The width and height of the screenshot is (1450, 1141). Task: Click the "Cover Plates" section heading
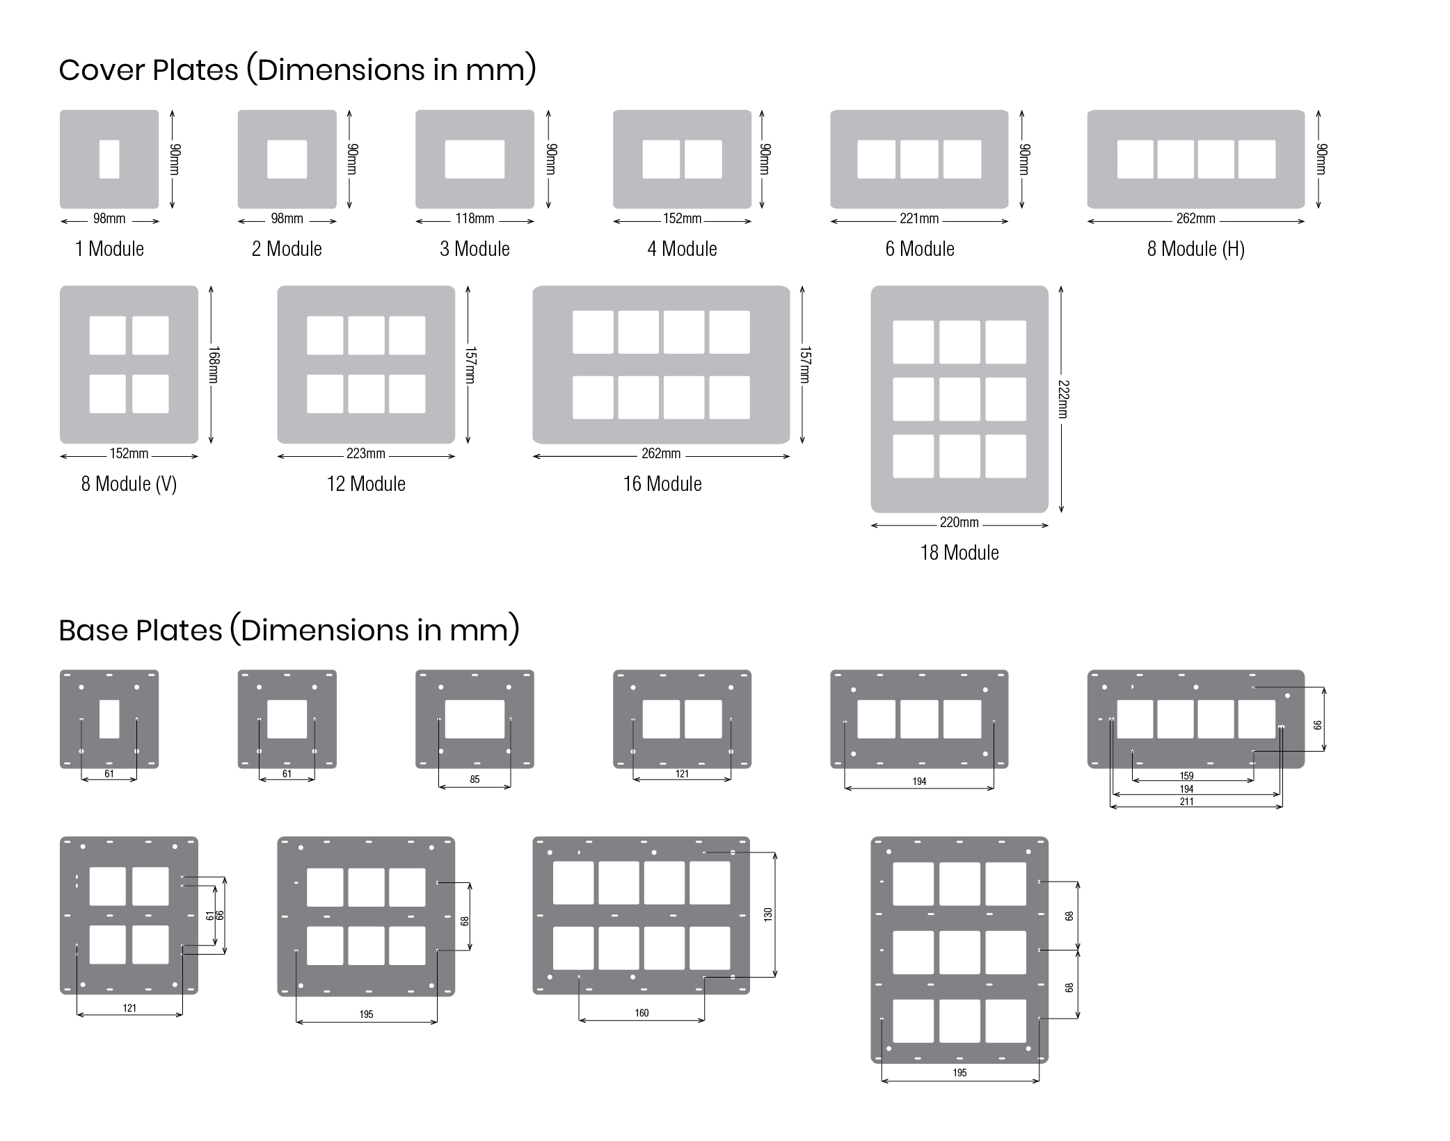(297, 70)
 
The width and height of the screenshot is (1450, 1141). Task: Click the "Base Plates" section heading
(289, 631)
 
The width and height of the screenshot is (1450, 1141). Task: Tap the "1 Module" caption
(109, 249)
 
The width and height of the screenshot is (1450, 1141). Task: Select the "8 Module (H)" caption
(1195, 249)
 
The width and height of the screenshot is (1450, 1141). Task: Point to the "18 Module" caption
(959, 553)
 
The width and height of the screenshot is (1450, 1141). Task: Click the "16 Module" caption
(662, 484)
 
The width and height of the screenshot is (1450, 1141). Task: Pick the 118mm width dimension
(475, 219)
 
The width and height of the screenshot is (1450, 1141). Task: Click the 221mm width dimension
(919, 219)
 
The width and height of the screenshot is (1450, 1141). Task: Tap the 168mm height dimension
(214, 364)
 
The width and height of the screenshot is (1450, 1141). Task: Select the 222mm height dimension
(1063, 399)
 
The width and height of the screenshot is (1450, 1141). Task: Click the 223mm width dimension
(366, 454)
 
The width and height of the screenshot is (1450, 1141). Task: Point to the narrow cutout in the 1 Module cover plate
(109, 159)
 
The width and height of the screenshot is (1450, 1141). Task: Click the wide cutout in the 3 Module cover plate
(475, 159)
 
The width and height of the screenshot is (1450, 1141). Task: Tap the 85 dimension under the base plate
(475, 779)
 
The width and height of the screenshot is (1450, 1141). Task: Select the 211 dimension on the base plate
(1186, 802)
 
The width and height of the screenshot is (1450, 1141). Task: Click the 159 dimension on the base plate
(1186, 776)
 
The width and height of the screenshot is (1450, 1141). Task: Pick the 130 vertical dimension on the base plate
(768, 914)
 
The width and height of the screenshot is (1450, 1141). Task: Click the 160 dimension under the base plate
(642, 1013)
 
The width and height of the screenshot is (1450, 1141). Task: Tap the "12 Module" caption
(366, 484)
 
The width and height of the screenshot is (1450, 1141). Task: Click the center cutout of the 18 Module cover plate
(959, 399)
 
